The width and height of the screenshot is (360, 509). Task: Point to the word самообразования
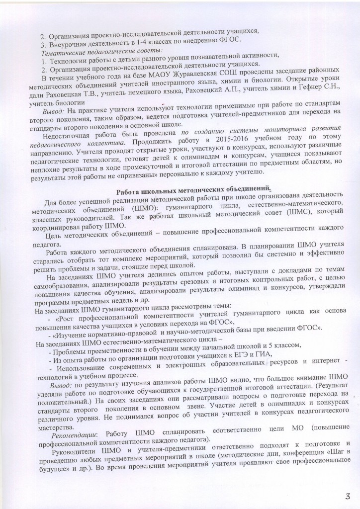[68, 286]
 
